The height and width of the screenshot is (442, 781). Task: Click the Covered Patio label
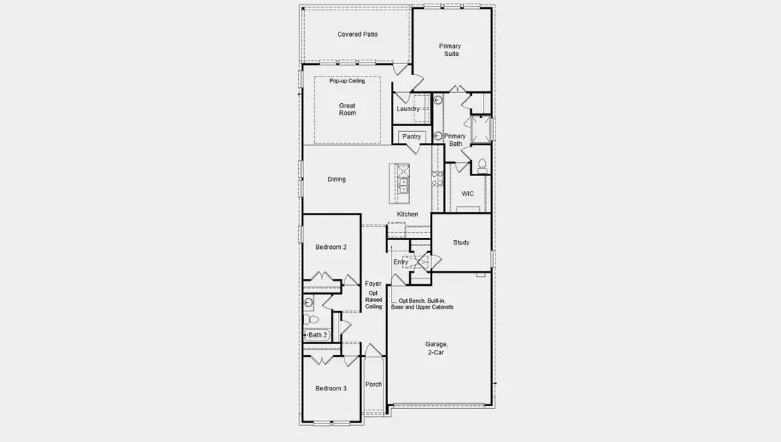tap(357, 35)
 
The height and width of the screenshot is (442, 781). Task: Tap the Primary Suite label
tap(450, 50)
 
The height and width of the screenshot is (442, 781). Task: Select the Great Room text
tap(347, 109)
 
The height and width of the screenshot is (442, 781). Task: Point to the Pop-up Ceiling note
tap(347, 81)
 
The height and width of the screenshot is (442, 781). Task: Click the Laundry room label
tap(408, 108)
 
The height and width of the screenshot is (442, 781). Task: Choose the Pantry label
tap(411, 136)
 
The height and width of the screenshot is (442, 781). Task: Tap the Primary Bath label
tap(455, 140)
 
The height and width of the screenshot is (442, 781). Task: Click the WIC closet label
tap(467, 194)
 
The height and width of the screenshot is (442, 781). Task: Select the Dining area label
tap(336, 180)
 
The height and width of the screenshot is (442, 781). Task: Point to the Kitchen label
tap(408, 214)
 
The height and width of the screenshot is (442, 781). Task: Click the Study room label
tap(462, 242)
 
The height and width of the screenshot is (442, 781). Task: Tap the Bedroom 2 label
tap(331, 248)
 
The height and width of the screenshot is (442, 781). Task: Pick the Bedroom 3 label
tap(331, 389)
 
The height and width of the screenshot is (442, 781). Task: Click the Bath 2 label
tap(318, 335)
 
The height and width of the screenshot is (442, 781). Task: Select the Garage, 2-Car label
tap(437, 348)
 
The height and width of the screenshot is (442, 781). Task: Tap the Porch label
tap(373, 385)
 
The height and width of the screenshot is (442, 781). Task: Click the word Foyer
tap(373, 284)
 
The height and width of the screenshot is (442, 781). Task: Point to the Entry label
tap(400, 262)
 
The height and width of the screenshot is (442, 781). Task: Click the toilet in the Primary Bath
tap(482, 166)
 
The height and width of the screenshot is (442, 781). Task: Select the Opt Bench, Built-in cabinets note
tap(422, 304)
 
